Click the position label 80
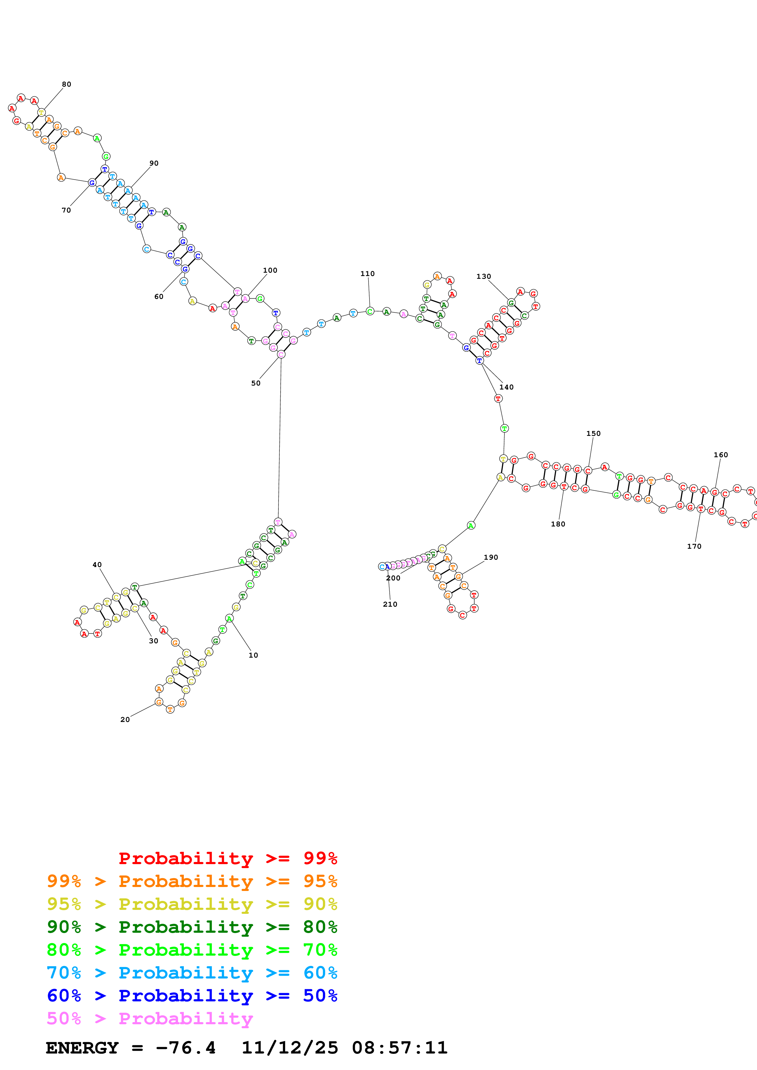tap(66, 84)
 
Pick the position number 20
tap(125, 720)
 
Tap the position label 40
tap(97, 565)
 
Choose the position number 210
tap(390, 605)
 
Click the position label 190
tap(491, 557)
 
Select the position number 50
tap(256, 383)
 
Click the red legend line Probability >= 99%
tap(227, 858)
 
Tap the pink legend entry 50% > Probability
tap(150, 1018)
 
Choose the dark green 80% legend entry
tap(192, 927)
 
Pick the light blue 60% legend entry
tap(192, 973)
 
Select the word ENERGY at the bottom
tap(82, 1048)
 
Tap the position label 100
tap(270, 270)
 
